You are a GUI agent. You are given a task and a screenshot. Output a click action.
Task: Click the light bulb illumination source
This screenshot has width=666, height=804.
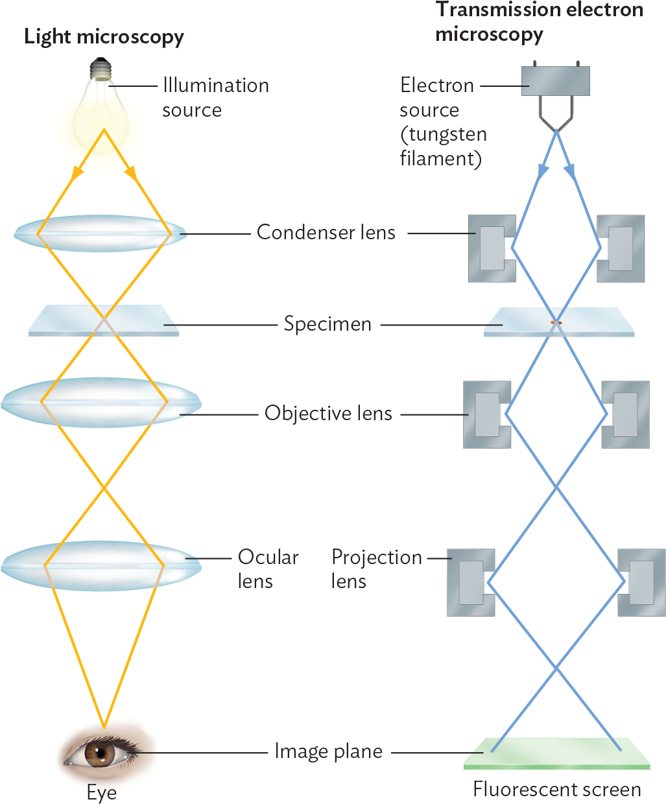coord(100,110)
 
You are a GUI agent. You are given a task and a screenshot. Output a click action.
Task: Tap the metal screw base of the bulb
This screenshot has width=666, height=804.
coord(100,68)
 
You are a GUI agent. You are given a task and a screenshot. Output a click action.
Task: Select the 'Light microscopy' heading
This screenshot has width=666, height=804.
coord(104,37)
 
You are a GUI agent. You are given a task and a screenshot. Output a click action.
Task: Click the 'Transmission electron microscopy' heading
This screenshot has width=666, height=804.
coord(538,21)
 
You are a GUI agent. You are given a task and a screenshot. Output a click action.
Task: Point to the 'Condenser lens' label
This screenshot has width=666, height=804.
coord(326,232)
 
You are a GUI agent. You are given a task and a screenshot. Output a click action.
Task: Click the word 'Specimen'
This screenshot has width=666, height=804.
coord(327,324)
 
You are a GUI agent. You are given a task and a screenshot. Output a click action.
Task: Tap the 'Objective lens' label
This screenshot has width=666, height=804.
coord(328,413)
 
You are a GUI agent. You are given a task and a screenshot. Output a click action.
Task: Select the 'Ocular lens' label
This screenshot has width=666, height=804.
coord(267,569)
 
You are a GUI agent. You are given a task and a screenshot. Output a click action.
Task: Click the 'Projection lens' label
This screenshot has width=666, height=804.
coord(376,569)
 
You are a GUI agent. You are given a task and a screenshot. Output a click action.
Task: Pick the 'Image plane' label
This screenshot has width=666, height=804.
coord(328,751)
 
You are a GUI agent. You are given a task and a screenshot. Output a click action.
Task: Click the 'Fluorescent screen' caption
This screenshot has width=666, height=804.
coord(556,789)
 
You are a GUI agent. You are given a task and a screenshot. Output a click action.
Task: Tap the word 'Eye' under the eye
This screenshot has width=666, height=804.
coord(102,792)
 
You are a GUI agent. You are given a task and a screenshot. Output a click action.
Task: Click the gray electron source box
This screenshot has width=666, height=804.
coord(556,81)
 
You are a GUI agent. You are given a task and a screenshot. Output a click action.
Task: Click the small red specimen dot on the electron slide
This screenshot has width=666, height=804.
coord(556,322)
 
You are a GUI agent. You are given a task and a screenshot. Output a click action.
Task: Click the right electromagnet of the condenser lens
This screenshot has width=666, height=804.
coord(621,248)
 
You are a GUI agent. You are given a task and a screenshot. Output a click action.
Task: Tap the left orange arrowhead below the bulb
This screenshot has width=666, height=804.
coord(78,172)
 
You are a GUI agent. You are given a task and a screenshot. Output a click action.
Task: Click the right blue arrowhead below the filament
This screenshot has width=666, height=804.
coord(570,171)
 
